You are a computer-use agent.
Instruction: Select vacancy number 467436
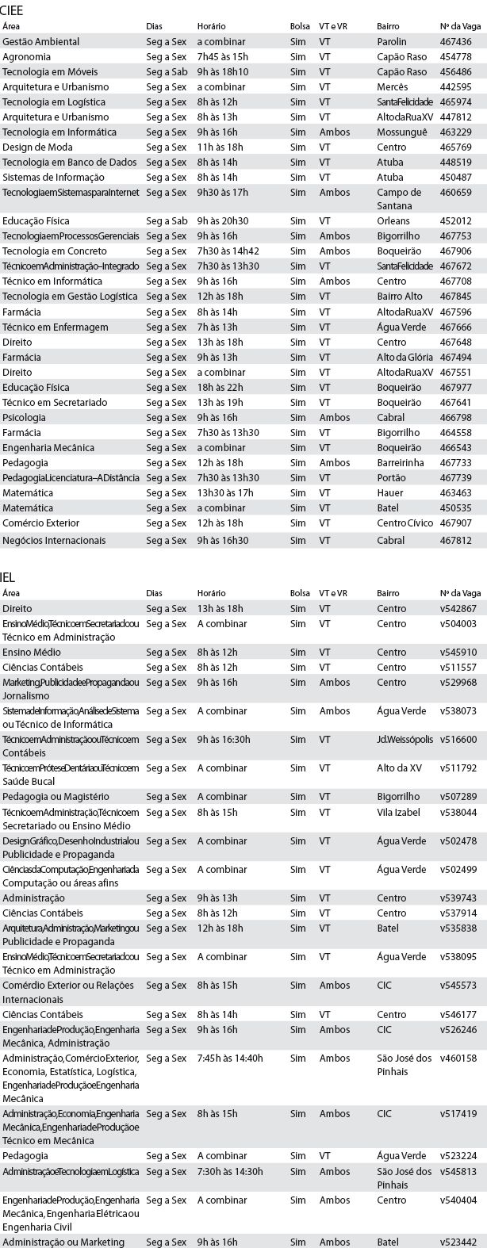455,41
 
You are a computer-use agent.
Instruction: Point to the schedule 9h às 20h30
223,221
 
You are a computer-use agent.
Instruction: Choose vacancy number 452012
455,221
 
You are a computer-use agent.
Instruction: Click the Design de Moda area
37,147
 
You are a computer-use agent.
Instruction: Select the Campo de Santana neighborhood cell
399,199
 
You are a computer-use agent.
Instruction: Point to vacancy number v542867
458,609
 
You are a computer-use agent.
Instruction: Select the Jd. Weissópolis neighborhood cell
405,739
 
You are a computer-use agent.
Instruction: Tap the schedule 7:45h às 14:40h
230,1058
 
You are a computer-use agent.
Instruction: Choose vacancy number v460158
458,1058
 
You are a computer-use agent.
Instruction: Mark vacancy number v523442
458,1241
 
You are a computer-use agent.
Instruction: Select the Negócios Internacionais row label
54,540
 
